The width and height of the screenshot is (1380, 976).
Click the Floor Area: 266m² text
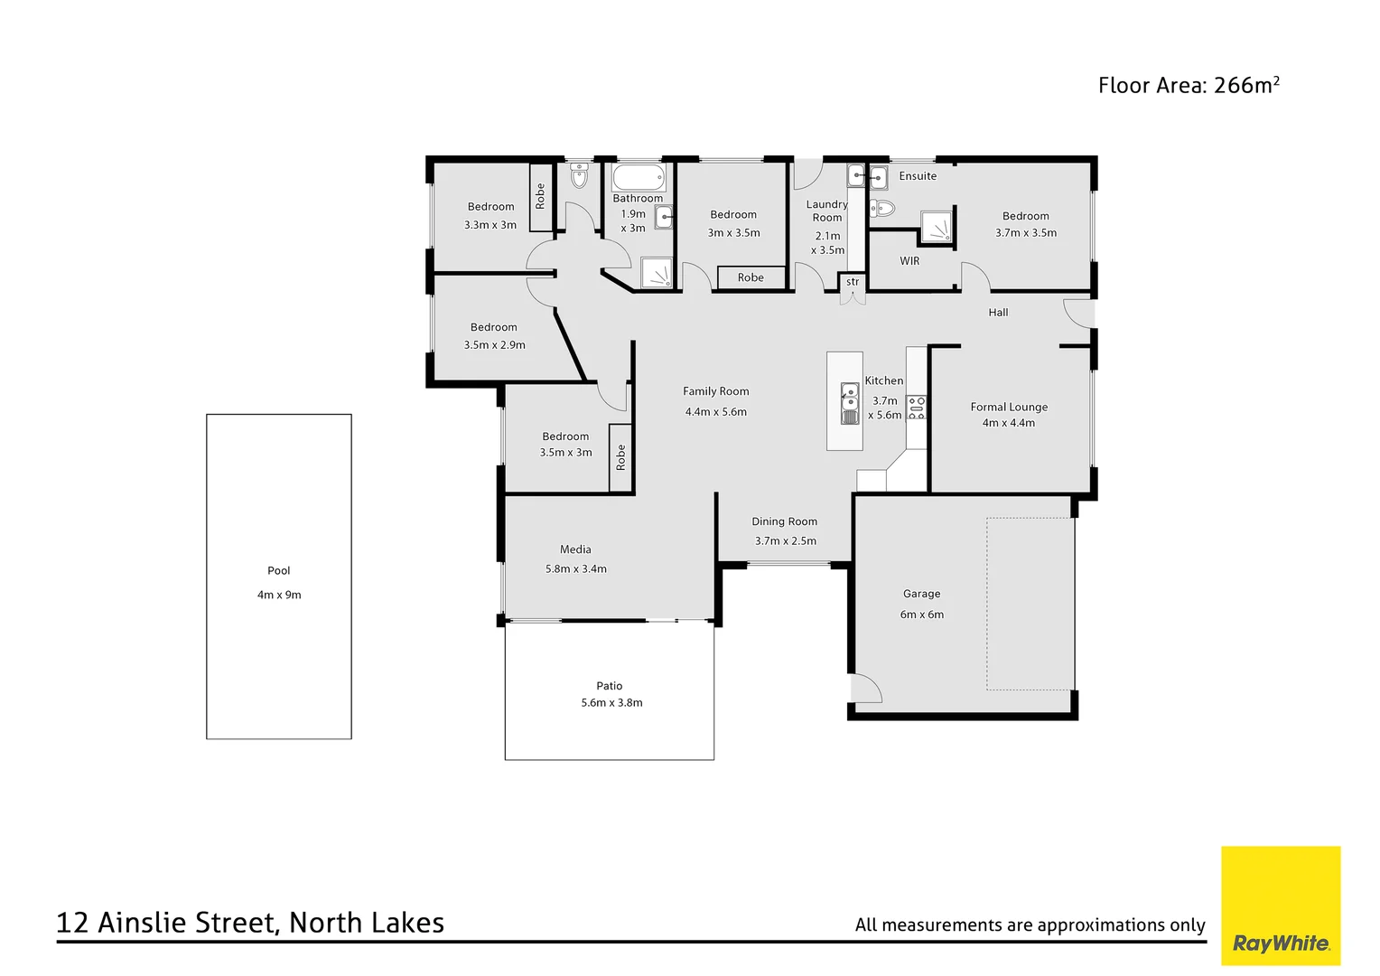pos(1188,85)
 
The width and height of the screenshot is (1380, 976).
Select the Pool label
pos(279,570)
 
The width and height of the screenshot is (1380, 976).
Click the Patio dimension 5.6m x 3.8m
pos(611,702)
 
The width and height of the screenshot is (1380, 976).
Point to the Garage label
pos(921,594)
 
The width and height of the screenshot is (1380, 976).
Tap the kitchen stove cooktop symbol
pos(917,408)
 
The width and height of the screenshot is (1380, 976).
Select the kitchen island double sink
pos(850,403)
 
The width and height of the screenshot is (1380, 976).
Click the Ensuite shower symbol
pos(937,228)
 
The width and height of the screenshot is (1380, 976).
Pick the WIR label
pos(909,261)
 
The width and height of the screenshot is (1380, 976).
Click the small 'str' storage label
pos(853,282)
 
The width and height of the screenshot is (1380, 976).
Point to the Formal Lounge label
pos(1009,407)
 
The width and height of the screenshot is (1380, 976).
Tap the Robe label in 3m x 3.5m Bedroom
pos(751,277)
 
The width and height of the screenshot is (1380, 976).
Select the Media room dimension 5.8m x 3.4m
pos(576,568)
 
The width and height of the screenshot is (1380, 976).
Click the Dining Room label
pos(784,521)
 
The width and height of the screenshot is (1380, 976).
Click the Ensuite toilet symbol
pos(881,209)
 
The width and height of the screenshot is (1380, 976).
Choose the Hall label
pos(998,313)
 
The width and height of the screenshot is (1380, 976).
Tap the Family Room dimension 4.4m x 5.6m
pos(715,411)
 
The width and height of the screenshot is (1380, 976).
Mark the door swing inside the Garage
pos(865,689)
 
